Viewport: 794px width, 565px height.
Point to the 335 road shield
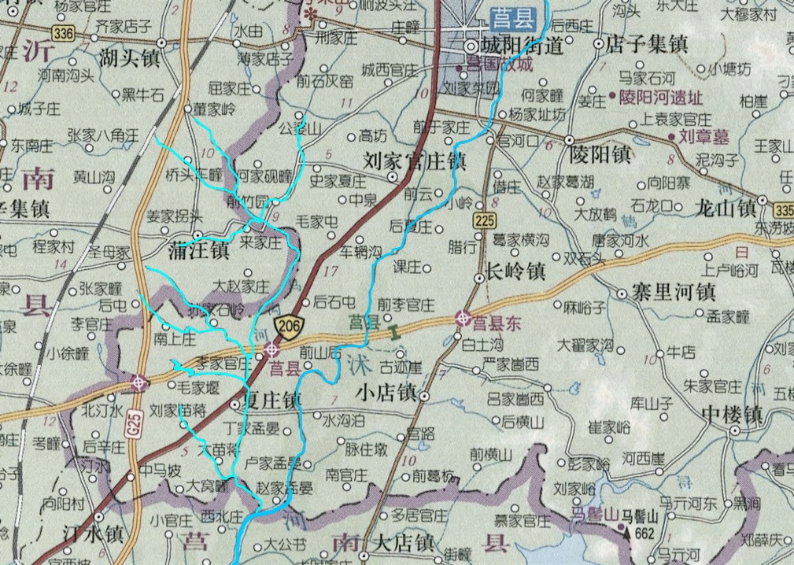pyautogui.click(x=784, y=211)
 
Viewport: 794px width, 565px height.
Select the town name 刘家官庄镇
pyautogui.click(x=415, y=161)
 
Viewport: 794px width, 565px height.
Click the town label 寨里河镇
pyautogui.click(x=674, y=293)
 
